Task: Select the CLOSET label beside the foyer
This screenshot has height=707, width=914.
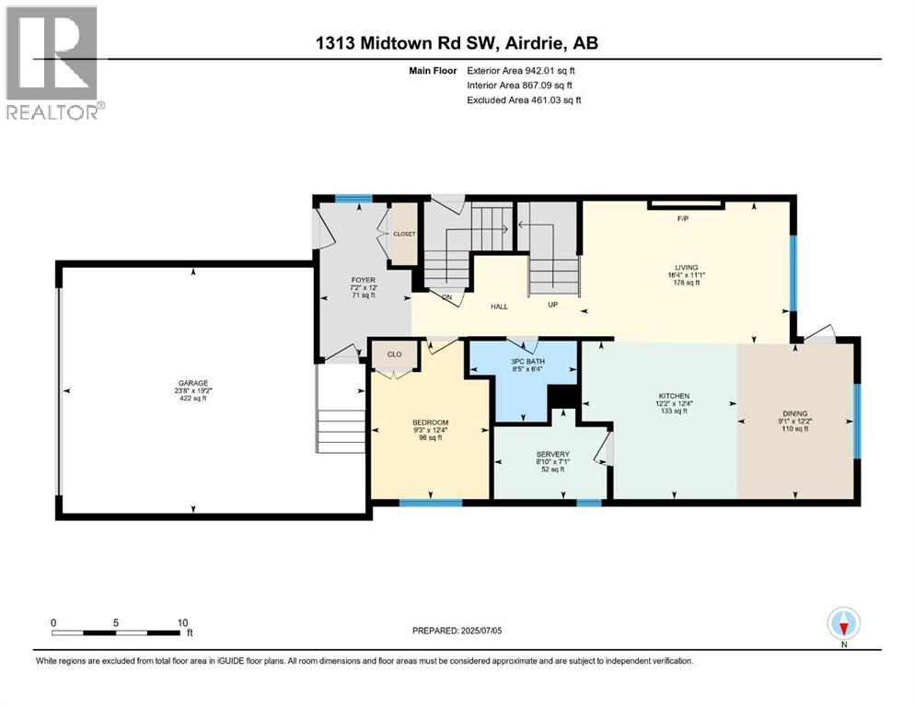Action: click(404, 234)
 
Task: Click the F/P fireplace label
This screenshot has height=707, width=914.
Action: click(683, 219)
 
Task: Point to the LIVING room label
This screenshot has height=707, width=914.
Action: click(686, 267)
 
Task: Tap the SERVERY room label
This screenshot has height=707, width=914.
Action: click(552, 454)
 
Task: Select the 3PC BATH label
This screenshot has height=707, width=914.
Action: click(527, 362)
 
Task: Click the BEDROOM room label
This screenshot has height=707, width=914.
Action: click(430, 423)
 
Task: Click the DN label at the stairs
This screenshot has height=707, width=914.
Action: click(446, 297)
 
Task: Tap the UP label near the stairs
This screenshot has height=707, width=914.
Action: click(551, 303)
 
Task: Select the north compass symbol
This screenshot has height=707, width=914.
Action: click(843, 625)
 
